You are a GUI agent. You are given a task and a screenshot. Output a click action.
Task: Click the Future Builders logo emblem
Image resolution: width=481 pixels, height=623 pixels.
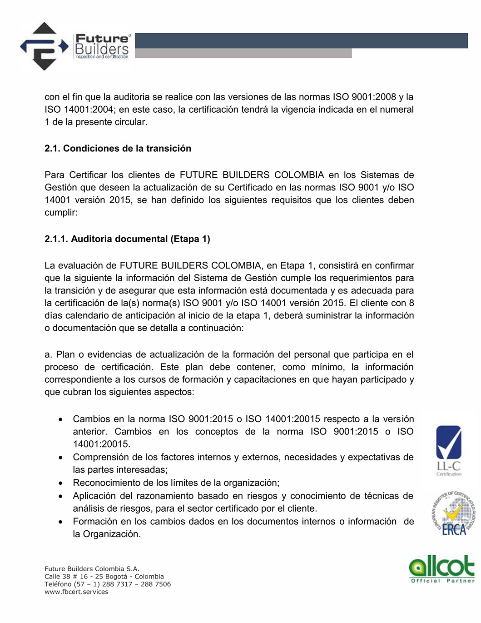pos(44,46)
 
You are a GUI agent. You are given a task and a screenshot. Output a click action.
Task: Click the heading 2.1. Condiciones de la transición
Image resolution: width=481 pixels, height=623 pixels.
pos(118,149)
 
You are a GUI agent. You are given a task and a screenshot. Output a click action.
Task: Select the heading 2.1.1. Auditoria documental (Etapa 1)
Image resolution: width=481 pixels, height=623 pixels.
pos(127,239)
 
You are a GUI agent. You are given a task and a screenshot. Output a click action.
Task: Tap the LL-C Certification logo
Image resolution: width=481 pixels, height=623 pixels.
pos(448,450)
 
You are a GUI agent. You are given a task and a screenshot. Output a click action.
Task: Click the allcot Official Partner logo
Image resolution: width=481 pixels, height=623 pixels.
pos(441,568)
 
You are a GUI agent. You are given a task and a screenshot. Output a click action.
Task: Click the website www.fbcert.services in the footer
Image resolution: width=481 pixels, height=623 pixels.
pos(76,592)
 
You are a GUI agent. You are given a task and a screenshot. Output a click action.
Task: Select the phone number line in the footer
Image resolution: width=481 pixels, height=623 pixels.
pos(108,584)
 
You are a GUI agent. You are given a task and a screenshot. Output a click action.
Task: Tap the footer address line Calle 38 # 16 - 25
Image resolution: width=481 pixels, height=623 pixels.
pos(104,577)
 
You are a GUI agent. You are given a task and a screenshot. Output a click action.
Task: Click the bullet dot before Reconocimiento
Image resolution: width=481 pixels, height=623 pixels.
pos(60,483)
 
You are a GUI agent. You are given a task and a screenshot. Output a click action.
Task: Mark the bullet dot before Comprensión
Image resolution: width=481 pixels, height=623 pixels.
pos(60,458)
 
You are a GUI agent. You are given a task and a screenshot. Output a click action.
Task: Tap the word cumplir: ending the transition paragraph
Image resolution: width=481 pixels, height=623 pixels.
pos(61,213)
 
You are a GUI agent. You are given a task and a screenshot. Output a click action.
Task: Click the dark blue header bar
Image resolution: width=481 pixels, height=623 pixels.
pos(301,40)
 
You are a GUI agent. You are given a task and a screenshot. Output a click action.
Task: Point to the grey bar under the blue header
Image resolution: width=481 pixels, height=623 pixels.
pos(243,53)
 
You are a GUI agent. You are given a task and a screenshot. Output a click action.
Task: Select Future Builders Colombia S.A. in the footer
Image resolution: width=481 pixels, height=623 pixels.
pos(92,569)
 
